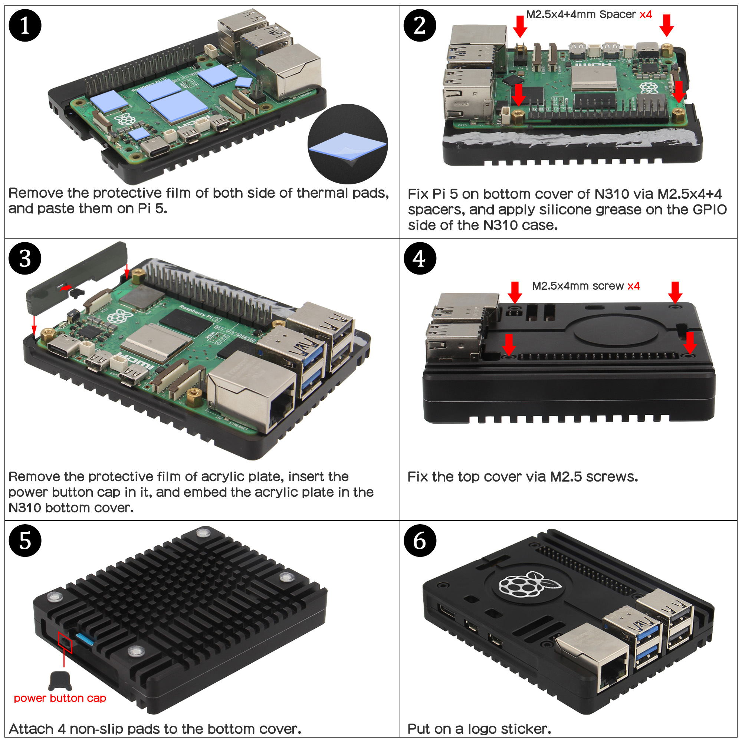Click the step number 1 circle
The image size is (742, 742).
click(25, 25)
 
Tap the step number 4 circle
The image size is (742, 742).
click(420, 258)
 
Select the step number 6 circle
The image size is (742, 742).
click(420, 541)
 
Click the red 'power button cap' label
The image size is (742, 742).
click(60, 698)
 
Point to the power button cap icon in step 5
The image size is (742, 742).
click(60, 681)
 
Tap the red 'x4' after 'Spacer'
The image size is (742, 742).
click(646, 14)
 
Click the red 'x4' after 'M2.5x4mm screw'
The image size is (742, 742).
click(633, 286)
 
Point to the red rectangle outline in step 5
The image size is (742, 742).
click(65, 642)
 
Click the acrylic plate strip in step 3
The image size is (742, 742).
click(77, 276)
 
